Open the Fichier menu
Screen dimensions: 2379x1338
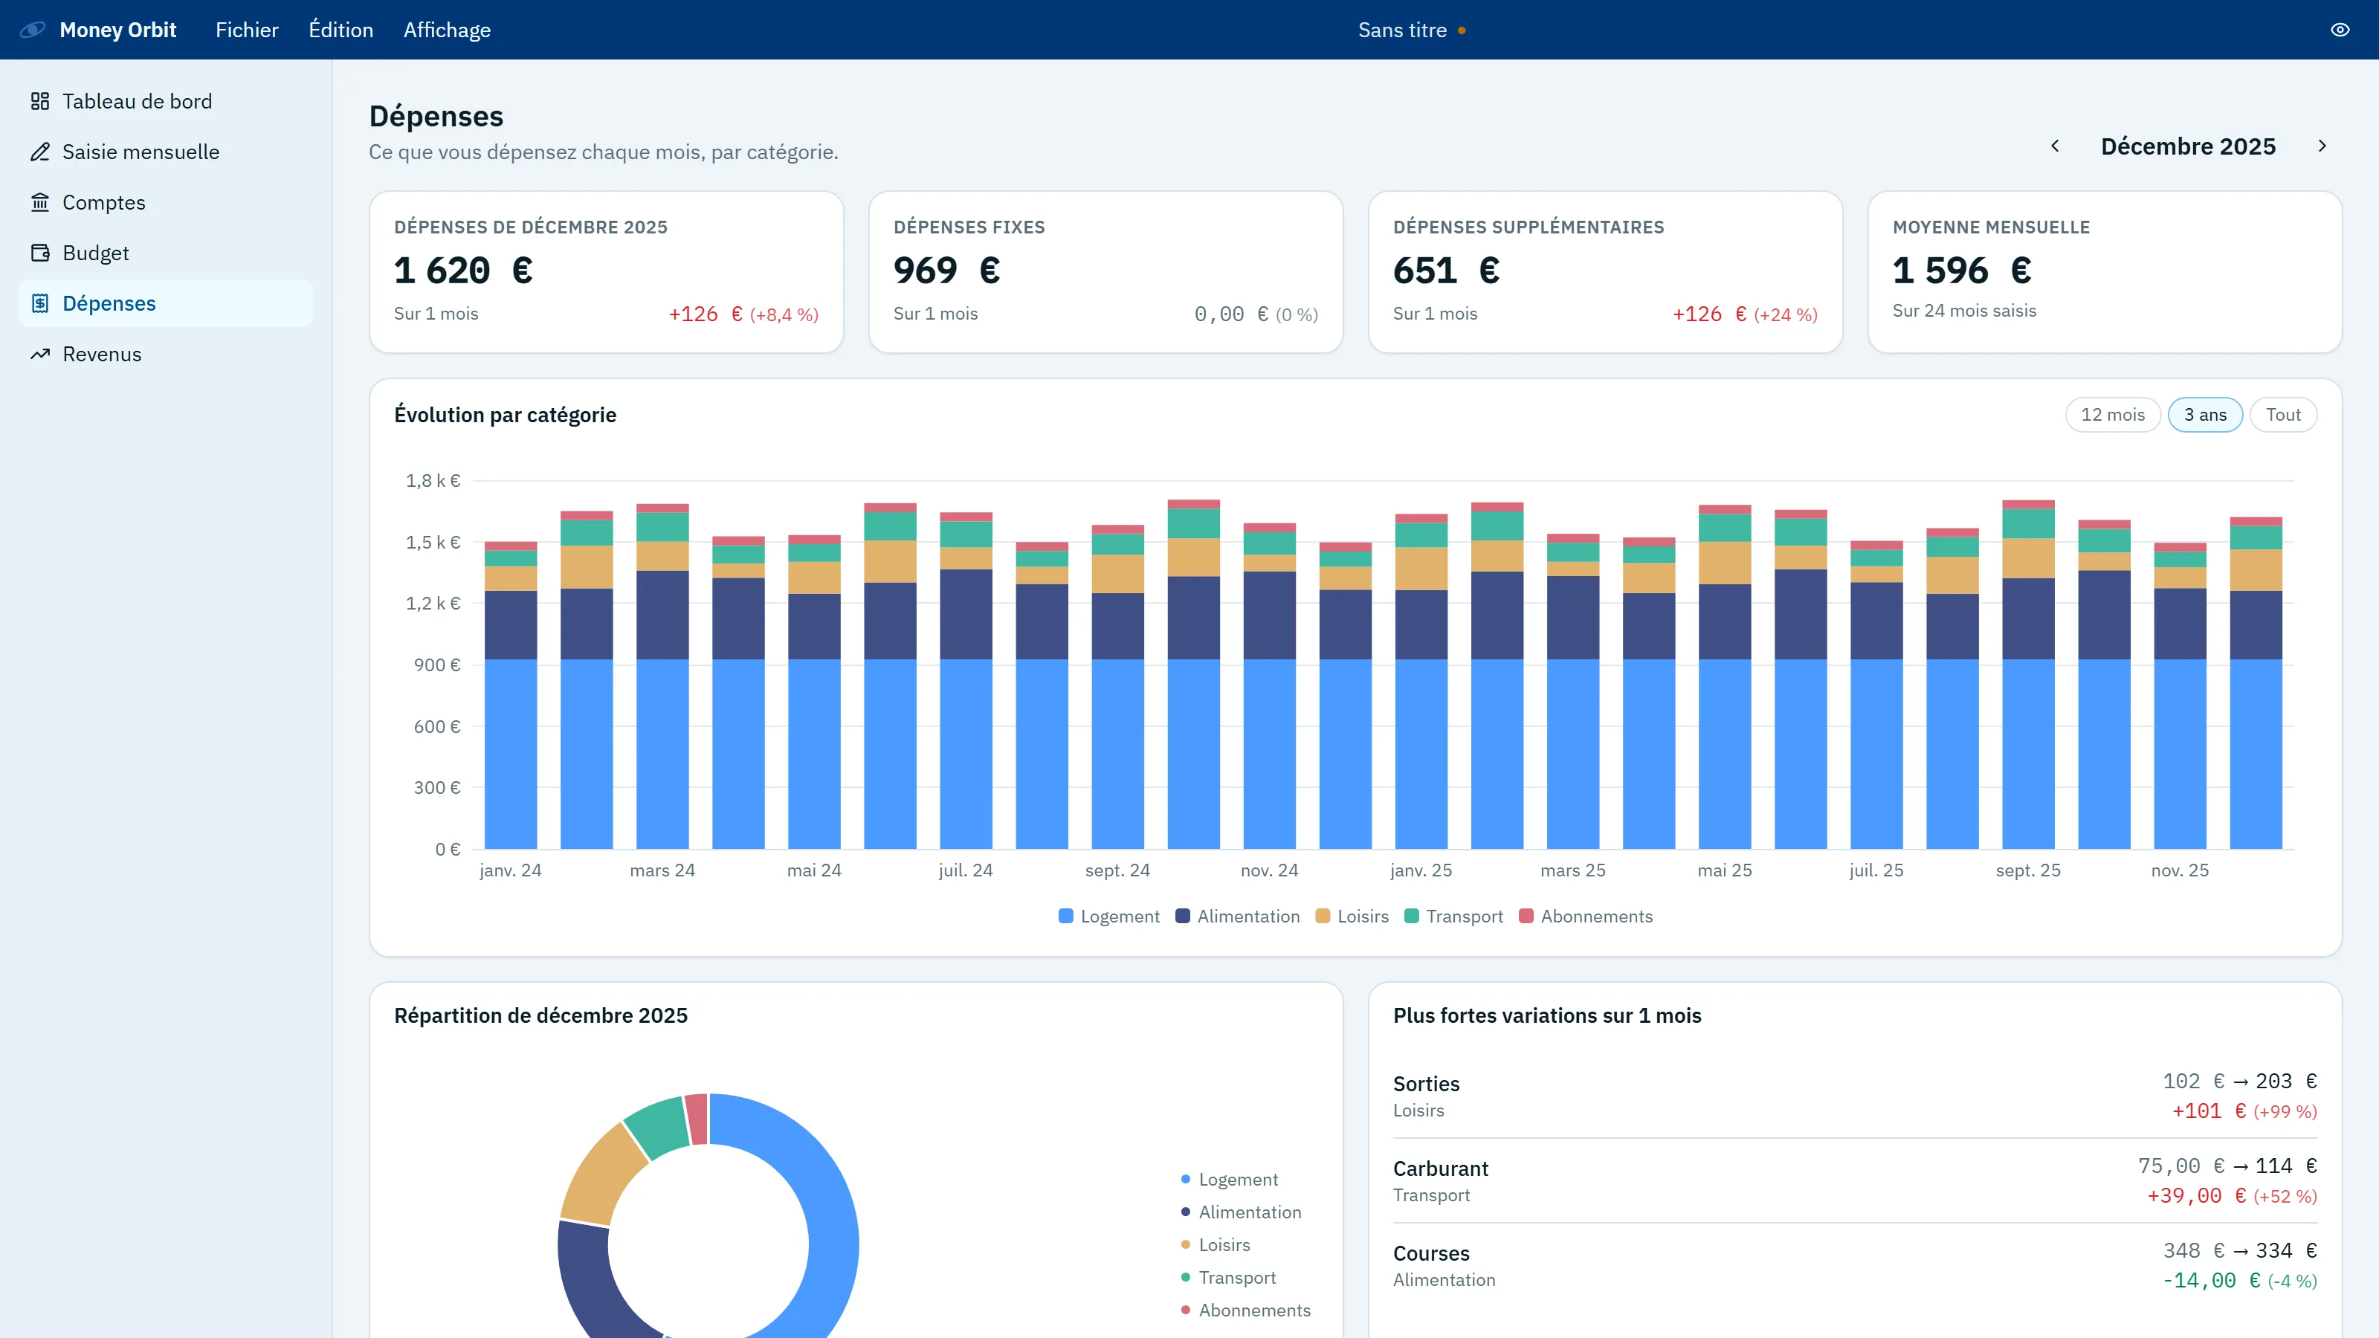coord(247,30)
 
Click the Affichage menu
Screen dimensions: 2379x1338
coord(447,30)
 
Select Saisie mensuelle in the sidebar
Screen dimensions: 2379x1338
coord(141,152)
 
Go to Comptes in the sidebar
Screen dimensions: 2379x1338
coord(103,202)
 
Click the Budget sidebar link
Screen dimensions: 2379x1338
coord(95,253)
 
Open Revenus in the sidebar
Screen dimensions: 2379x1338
coord(102,354)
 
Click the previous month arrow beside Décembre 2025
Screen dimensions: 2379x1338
coord(2055,146)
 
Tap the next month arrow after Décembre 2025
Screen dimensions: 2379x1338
coord(2322,146)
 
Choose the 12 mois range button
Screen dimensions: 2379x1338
coord(2112,415)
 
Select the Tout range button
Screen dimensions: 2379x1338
coord(2283,415)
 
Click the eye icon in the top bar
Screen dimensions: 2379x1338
coord(2340,30)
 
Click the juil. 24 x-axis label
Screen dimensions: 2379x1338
coord(965,870)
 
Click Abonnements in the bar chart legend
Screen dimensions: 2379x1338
coord(1586,916)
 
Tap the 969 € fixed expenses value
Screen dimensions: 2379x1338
coord(946,271)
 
